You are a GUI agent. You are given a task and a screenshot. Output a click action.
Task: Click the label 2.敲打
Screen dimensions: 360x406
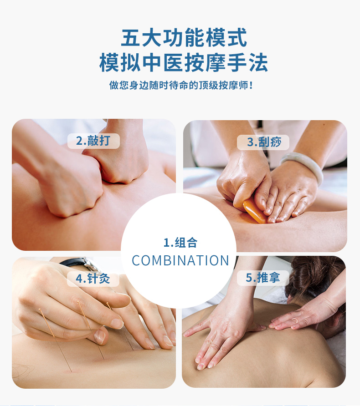(x=93, y=141)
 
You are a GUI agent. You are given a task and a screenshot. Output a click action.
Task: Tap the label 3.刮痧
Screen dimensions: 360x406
(x=264, y=142)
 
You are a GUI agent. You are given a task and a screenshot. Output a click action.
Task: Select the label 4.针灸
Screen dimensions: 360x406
(x=93, y=279)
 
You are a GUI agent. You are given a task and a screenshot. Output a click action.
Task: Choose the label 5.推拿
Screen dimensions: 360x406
(x=263, y=278)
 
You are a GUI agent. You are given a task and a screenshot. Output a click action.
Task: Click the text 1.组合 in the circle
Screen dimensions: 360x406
(x=180, y=243)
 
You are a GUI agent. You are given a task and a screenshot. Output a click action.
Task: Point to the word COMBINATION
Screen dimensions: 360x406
(x=180, y=260)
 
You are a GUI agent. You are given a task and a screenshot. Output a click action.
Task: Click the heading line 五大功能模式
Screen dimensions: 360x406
(x=184, y=38)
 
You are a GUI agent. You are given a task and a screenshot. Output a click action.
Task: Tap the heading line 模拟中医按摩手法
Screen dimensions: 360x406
(x=184, y=62)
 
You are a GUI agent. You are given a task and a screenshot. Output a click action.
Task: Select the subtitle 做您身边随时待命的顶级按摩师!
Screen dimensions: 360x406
(x=181, y=85)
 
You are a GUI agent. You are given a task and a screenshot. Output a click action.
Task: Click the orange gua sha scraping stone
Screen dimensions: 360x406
(x=255, y=212)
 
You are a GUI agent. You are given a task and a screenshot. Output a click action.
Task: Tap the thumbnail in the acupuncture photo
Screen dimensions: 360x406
(x=117, y=324)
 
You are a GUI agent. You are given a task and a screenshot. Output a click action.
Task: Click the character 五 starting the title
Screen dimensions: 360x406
(x=131, y=38)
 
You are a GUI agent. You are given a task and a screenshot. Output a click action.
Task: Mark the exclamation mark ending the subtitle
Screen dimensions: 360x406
(x=250, y=85)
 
